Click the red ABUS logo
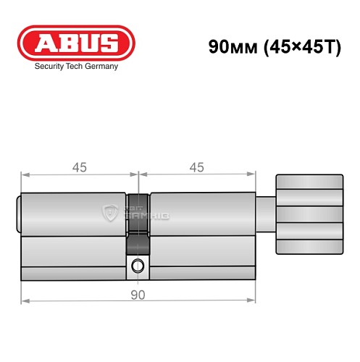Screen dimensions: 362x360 pos(76,43)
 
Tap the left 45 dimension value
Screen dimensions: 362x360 pos(79,167)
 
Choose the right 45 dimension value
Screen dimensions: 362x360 pos(196,167)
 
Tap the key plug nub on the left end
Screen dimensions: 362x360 pos(19,214)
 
